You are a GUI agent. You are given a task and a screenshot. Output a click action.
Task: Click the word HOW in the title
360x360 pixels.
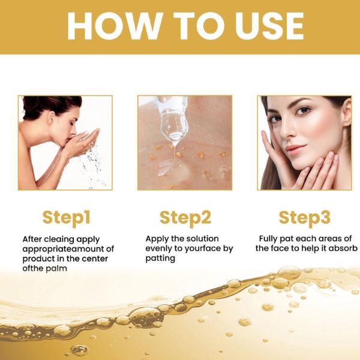coord(115,26)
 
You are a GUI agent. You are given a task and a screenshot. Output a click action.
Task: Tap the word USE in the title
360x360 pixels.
coord(269,26)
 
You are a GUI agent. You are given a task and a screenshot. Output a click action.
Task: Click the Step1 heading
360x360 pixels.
coord(67,218)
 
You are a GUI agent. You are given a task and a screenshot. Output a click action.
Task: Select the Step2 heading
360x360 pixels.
coord(185,218)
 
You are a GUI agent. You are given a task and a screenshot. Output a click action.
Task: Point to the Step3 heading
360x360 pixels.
coord(304,218)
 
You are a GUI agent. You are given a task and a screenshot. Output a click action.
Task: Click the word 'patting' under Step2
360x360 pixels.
coord(160,259)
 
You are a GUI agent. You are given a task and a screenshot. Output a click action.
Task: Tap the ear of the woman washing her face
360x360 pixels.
coord(52,118)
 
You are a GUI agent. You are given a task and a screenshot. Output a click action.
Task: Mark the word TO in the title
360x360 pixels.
coord(199,26)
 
